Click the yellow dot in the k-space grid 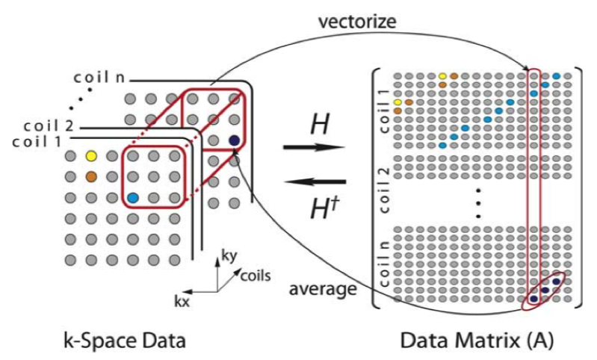pyautogui.click(x=92, y=157)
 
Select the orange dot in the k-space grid pyautogui.click(x=92, y=177)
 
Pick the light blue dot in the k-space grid pyautogui.click(x=133, y=198)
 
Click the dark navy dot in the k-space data pyautogui.click(x=234, y=140)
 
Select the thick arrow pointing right pyautogui.click(x=314, y=147)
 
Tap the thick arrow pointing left pyautogui.click(x=314, y=181)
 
